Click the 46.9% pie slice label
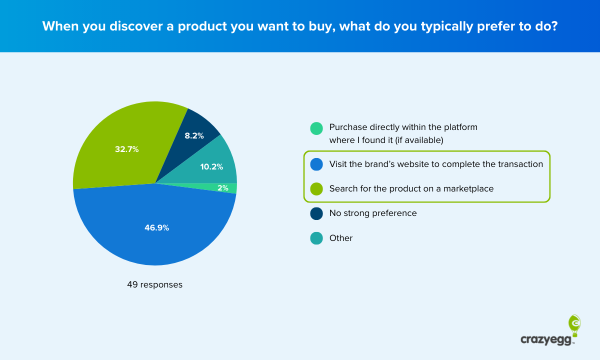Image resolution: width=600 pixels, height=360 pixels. [157, 228]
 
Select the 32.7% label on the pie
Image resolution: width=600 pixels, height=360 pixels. [127, 149]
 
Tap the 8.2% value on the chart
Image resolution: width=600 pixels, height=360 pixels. [194, 135]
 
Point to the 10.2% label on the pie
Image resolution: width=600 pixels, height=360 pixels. [211, 167]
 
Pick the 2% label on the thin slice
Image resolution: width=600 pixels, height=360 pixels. [223, 188]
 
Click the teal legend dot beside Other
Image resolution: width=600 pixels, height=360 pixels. [316, 238]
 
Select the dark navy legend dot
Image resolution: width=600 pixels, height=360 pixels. [316, 213]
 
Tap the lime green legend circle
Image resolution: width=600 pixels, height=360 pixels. [316, 189]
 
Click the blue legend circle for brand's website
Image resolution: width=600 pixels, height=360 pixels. [316, 164]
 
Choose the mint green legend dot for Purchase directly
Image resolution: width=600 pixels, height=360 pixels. [316, 128]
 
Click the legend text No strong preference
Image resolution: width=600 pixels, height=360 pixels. [372, 213]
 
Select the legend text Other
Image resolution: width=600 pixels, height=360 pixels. [340, 238]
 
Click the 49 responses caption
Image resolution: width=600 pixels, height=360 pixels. [154, 285]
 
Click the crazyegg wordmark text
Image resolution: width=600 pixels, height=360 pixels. [547, 339]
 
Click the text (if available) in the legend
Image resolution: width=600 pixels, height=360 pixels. [419, 140]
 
